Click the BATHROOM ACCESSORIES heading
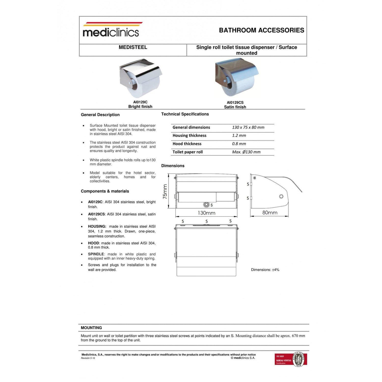coord(261,30)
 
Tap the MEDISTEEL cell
coord(133,47)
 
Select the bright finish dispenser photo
coord(140,78)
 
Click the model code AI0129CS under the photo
coord(235,102)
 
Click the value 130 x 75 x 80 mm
coord(248,127)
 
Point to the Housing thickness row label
coord(189,135)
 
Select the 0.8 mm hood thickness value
coord(239,144)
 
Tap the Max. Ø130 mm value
coord(246,152)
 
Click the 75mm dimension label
coord(165,192)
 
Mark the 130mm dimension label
coord(206,213)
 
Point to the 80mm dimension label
coord(270,213)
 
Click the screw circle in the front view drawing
coord(206,204)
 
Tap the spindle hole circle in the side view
coord(281,196)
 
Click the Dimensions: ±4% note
coord(265,270)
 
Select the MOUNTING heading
coord(91,328)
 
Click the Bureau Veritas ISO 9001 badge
coord(291,359)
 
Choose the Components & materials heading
coord(105,191)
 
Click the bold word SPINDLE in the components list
coord(96,254)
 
